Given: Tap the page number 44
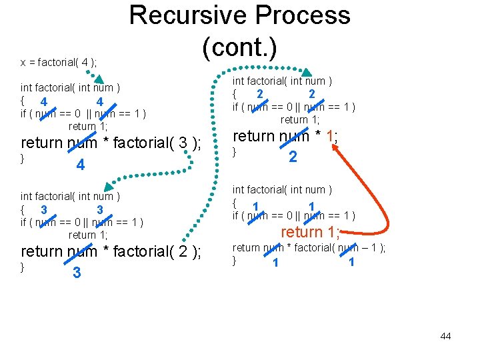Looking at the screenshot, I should (445, 336).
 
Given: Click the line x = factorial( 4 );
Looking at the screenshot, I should (59, 63).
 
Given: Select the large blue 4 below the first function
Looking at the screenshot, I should (80, 165).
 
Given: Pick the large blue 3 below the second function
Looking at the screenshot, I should (77, 273).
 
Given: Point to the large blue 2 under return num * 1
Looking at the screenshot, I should (292, 157).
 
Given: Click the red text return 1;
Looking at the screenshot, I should (310, 232).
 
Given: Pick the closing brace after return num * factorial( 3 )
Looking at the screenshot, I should (23, 158).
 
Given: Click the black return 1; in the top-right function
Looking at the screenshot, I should (300, 120).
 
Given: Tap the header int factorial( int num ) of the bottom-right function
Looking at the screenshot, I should (282, 191).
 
